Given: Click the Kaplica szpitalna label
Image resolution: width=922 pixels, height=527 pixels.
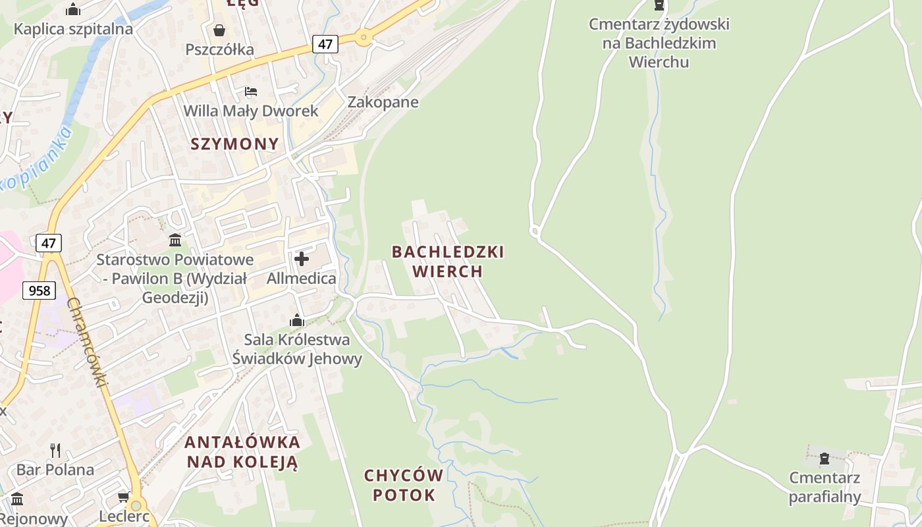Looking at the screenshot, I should coord(73,29).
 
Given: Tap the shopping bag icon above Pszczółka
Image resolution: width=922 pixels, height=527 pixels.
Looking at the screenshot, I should coord(219,30).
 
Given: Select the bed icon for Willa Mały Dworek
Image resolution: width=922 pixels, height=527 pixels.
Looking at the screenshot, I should coord(250,91).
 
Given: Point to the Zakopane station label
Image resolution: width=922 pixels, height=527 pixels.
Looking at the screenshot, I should coord(383,102).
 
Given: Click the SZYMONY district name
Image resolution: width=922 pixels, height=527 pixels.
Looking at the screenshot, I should coord(234,144).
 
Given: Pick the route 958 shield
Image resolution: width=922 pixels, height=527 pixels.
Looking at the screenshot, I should coord(39,290).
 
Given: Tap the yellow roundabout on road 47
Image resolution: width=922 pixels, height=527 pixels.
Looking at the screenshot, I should coord(364,38).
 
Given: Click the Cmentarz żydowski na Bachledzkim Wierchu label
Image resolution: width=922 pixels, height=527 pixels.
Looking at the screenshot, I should coord(659,43).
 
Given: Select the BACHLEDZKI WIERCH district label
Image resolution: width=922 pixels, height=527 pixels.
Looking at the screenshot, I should coord(448,262).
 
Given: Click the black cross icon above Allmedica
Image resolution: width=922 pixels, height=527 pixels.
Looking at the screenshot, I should coord(302,259).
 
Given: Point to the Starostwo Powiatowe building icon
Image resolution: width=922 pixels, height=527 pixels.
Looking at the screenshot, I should coord(175,240).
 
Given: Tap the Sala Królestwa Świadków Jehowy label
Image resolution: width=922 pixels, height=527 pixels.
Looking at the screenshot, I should coord(297,349).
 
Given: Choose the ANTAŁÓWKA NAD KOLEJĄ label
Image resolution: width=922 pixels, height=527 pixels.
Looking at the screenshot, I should coord(242,452).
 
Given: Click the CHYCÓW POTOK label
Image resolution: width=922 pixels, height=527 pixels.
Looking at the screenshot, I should coord(403,485).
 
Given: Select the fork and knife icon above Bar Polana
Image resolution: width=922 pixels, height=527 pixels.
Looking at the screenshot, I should coord(55,451).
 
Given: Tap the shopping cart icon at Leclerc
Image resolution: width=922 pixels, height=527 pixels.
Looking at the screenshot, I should coord(123,496).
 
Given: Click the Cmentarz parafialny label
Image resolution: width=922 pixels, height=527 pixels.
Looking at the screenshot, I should coord(825,487).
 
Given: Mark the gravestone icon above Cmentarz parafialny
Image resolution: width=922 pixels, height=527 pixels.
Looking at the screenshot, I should coord(824,458).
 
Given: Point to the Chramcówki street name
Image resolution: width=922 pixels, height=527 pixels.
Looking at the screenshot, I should coord(87,343).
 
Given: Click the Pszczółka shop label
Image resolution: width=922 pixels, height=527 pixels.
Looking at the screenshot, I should coord(219,49).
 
